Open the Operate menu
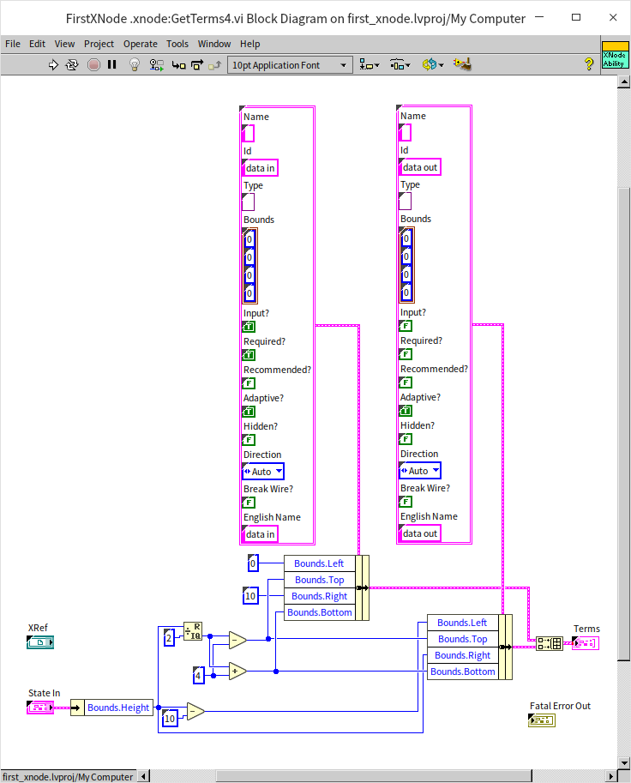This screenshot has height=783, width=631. pyautogui.click(x=140, y=44)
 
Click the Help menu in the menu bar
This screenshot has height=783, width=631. pyautogui.click(x=249, y=44)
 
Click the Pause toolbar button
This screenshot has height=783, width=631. pyautogui.click(x=111, y=64)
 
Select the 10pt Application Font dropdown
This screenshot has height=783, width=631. pyautogui.click(x=290, y=64)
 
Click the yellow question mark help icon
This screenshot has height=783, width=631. pyautogui.click(x=589, y=64)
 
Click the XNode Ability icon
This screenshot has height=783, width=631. pyautogui.click(x=614, y=55)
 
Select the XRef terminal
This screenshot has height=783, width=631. pyautogui.click(x=39, y=642)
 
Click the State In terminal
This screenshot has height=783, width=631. pyautogui.click(x=40, y=708)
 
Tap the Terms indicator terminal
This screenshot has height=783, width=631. pyautogui.click(x=586, y=643)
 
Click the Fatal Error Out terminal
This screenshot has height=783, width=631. pyautogui.click(x=542, y=720)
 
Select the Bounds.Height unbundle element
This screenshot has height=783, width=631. pyautogui.click(x=118, y=708)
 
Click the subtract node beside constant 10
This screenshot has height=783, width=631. pyautogui.click(x=195, y=711)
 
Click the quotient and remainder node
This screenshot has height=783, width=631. pyautogui.click(x=193, y=632)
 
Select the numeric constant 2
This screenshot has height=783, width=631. pyautogui.click(x=169, y=637)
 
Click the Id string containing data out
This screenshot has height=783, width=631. pyautogui.click(x=420, y=167)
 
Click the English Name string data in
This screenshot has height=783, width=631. pyautogui.click(x=261, y=534)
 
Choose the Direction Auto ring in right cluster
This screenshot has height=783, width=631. pyautogui.click(x=420, y=471)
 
